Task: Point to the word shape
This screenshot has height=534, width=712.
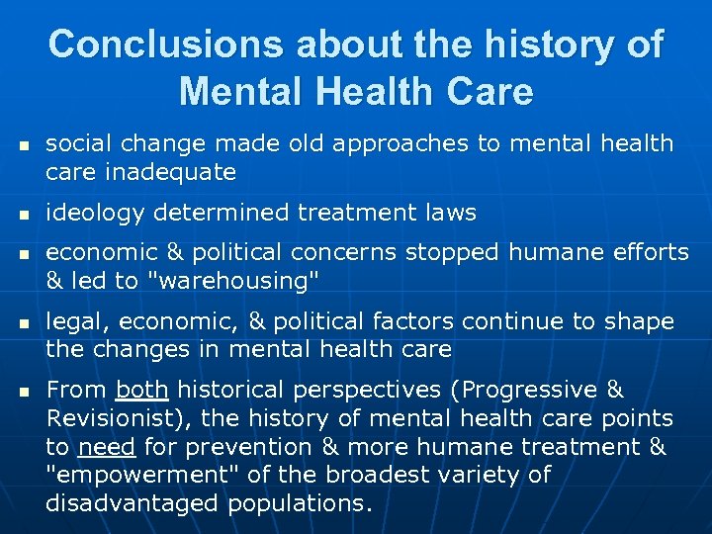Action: point(644,321)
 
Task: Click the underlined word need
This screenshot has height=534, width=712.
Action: point(107,447)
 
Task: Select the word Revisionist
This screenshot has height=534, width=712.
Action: point(113,418)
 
